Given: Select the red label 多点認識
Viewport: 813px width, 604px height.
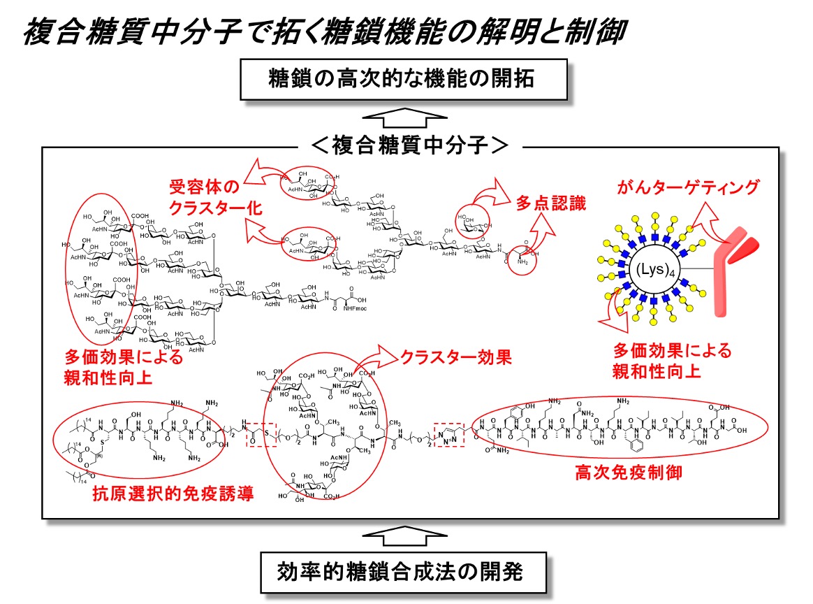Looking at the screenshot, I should point(551,204).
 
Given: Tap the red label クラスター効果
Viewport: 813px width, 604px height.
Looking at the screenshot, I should point(455,357).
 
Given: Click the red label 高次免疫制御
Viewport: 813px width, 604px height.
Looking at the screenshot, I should point(628,473).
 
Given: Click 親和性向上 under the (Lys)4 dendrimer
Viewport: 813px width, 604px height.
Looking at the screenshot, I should point(656,371).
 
